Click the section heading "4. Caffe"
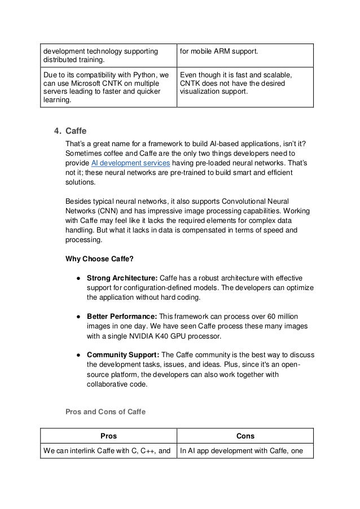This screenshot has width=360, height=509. pos(66,131)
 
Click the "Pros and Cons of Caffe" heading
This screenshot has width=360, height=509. pos(106,412)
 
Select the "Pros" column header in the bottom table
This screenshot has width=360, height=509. pos(108,436)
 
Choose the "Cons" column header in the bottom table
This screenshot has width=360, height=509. pos(245,436)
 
